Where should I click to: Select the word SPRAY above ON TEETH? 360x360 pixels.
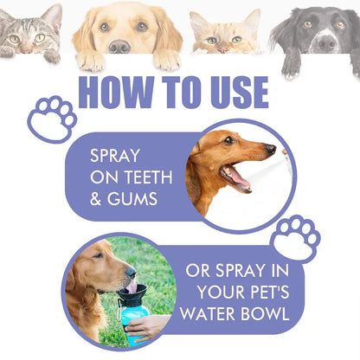pyautogui.click(x=119, y=158)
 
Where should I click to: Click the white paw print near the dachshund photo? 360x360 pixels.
pyautogui.click(x=295, y=239)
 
